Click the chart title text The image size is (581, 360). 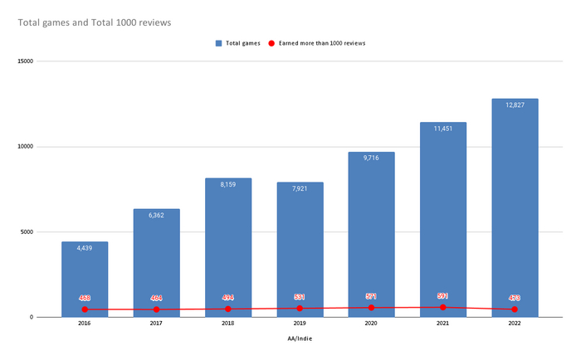click(x=95, y=22)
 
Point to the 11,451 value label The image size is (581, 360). click(x=443, y=129)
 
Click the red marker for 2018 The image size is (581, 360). click(x=228, y=309)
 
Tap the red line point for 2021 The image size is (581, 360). click(x=443, y=307)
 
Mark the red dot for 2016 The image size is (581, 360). click(x=85, y=309)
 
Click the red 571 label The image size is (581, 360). click(x=371, y=296)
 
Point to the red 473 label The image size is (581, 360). click(x=515, y=298)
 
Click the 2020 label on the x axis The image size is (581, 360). click(x=371, y=324)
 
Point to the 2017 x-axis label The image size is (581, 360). click(x=156, y=324)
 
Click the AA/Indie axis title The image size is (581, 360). click(x=300, y=338)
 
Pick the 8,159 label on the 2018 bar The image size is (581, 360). click(x=228, y=184)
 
